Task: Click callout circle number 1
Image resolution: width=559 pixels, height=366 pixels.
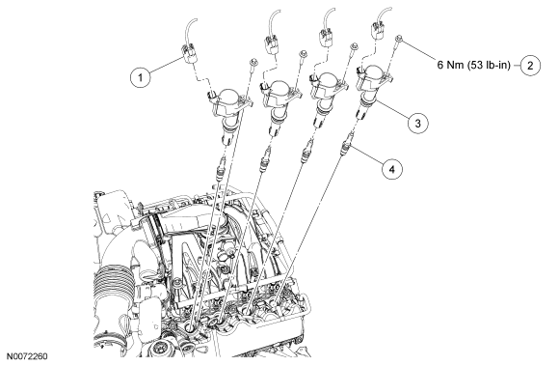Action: pos(140,77)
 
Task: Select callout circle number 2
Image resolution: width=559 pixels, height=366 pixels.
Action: pos(530,66)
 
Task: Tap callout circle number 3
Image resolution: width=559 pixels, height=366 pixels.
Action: pos(418,124)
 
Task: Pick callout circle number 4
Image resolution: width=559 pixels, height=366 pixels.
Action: pos(392,169)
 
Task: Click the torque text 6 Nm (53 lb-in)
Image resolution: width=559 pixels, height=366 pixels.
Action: pos(474,66)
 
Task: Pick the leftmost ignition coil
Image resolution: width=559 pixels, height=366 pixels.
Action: pos(228,110)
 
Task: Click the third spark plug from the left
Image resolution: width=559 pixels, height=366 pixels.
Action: pos(306,153)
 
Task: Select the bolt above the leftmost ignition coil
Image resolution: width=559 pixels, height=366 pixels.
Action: pos(253,63)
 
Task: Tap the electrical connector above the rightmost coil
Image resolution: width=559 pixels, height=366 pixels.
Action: pos(376,30)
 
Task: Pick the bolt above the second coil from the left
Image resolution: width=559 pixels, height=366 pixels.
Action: pos(304,54)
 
